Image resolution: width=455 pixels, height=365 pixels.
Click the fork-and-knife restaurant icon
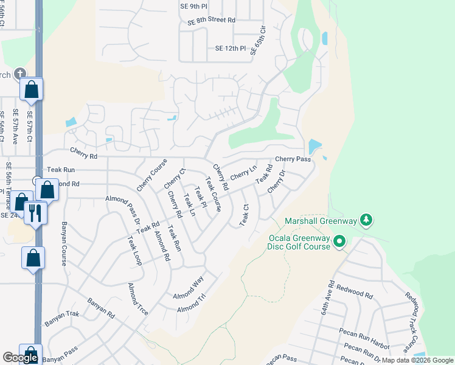coord(35,213)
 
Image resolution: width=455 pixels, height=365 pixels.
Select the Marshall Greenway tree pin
coord(366,219)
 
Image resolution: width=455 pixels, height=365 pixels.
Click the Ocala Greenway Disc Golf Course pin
coord(340,242)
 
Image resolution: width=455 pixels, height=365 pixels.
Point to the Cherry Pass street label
coord(293,159)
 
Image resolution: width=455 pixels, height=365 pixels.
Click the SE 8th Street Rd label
coord(211,20)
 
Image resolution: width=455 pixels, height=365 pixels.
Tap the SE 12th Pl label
coord(230,48)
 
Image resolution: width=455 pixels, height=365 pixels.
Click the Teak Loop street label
coord(134,251)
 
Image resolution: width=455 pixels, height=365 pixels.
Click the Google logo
coord(20,358)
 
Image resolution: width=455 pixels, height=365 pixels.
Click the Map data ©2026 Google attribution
coord(417,360)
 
